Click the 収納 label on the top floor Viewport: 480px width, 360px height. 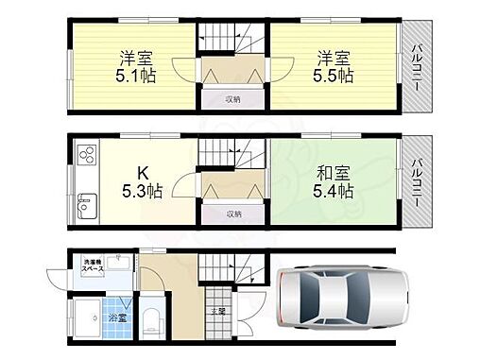[x=232, y=97]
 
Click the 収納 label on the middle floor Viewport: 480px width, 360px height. [x=233, y=214]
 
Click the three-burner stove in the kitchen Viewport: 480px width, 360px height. [x=86, y=154]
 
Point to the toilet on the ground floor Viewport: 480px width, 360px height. [x=151, y=317]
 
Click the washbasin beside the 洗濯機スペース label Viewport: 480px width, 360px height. [x=119, y=263]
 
